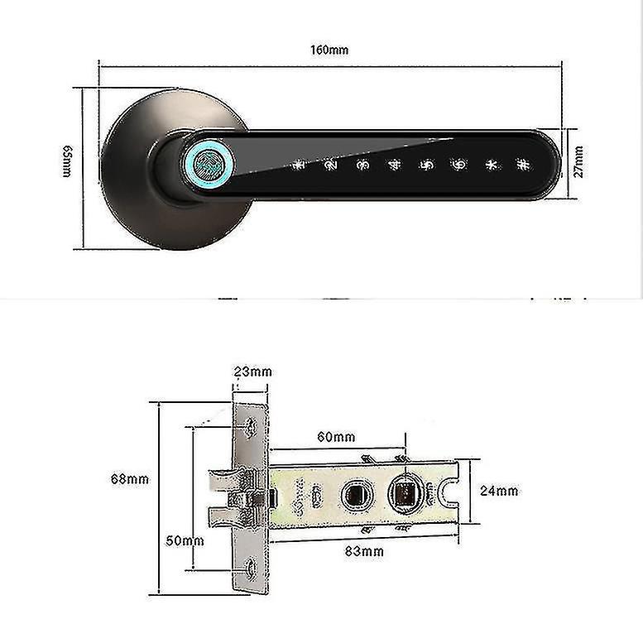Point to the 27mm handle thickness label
tap(578, 161)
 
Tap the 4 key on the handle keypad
tap(394, 165)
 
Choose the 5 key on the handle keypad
tap(425, 165)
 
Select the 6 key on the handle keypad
tap(457, 165)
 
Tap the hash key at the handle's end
tap(521, 165)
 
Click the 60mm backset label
tap(335, 436)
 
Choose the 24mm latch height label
tap(499, 491)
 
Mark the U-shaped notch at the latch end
tap(449, 494)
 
